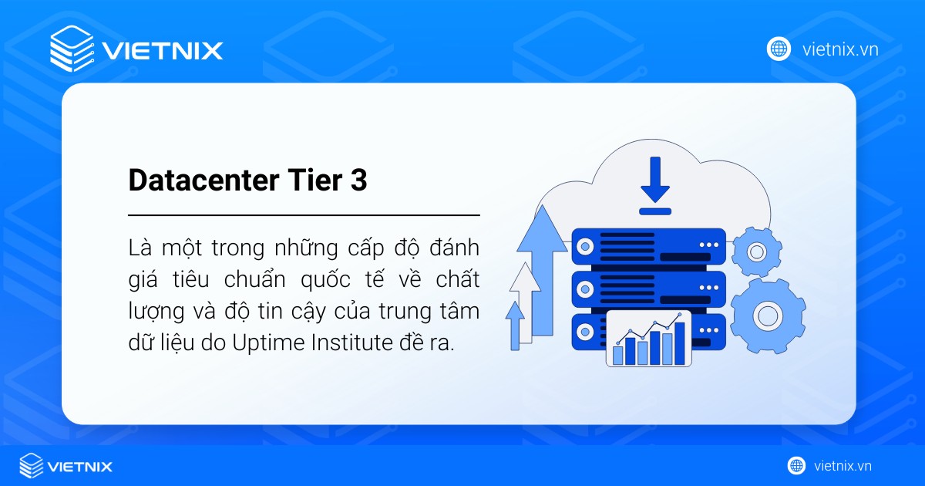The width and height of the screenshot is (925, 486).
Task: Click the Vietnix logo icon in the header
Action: click(72, 49)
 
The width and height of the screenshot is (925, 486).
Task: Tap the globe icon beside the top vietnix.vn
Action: click(779, 49)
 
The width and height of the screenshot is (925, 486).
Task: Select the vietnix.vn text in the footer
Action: click(843, 466)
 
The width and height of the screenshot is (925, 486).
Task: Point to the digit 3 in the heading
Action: click(358, 181)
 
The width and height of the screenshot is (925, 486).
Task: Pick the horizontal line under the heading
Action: click(304, 215)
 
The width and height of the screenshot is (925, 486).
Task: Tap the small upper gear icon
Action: click(756, 251)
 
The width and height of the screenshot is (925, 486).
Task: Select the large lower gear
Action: click(767, 315)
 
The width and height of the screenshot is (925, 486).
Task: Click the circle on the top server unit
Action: click(585, 247)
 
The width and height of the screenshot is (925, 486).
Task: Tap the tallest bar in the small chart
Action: click(679, 343)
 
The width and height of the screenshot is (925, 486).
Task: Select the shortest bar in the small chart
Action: click(617, 354)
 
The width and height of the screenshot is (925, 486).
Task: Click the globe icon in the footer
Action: click(796, 466)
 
